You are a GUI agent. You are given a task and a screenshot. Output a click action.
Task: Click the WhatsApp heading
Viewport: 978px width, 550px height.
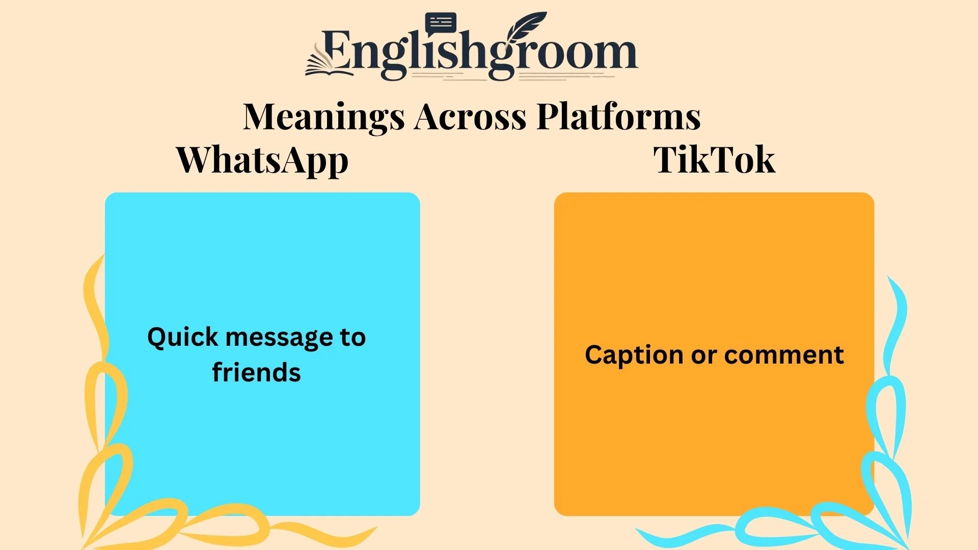[x=262, y=160]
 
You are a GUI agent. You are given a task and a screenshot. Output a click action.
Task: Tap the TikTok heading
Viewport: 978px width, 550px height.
[x=714, y=160]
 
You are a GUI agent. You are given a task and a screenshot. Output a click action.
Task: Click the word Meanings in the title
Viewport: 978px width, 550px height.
[x=323, y=117]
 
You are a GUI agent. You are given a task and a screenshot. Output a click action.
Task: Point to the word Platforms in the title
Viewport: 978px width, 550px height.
[x=618, y=117]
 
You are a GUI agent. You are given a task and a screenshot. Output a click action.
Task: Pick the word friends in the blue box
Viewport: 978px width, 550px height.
[x=256, y=372]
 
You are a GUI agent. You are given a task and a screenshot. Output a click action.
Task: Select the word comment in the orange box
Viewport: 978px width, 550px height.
[x=784, y=355]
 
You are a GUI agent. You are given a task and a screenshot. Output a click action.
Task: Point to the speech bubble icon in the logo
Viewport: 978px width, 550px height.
[x=441, y=23]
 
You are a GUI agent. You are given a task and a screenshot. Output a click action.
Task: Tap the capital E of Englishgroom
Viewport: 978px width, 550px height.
[x=337, y=50]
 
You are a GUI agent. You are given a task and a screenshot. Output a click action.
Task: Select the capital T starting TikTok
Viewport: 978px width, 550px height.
[x=665, y=160]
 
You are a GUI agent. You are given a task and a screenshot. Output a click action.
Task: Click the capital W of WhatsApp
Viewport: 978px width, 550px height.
[x=196, y=160]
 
